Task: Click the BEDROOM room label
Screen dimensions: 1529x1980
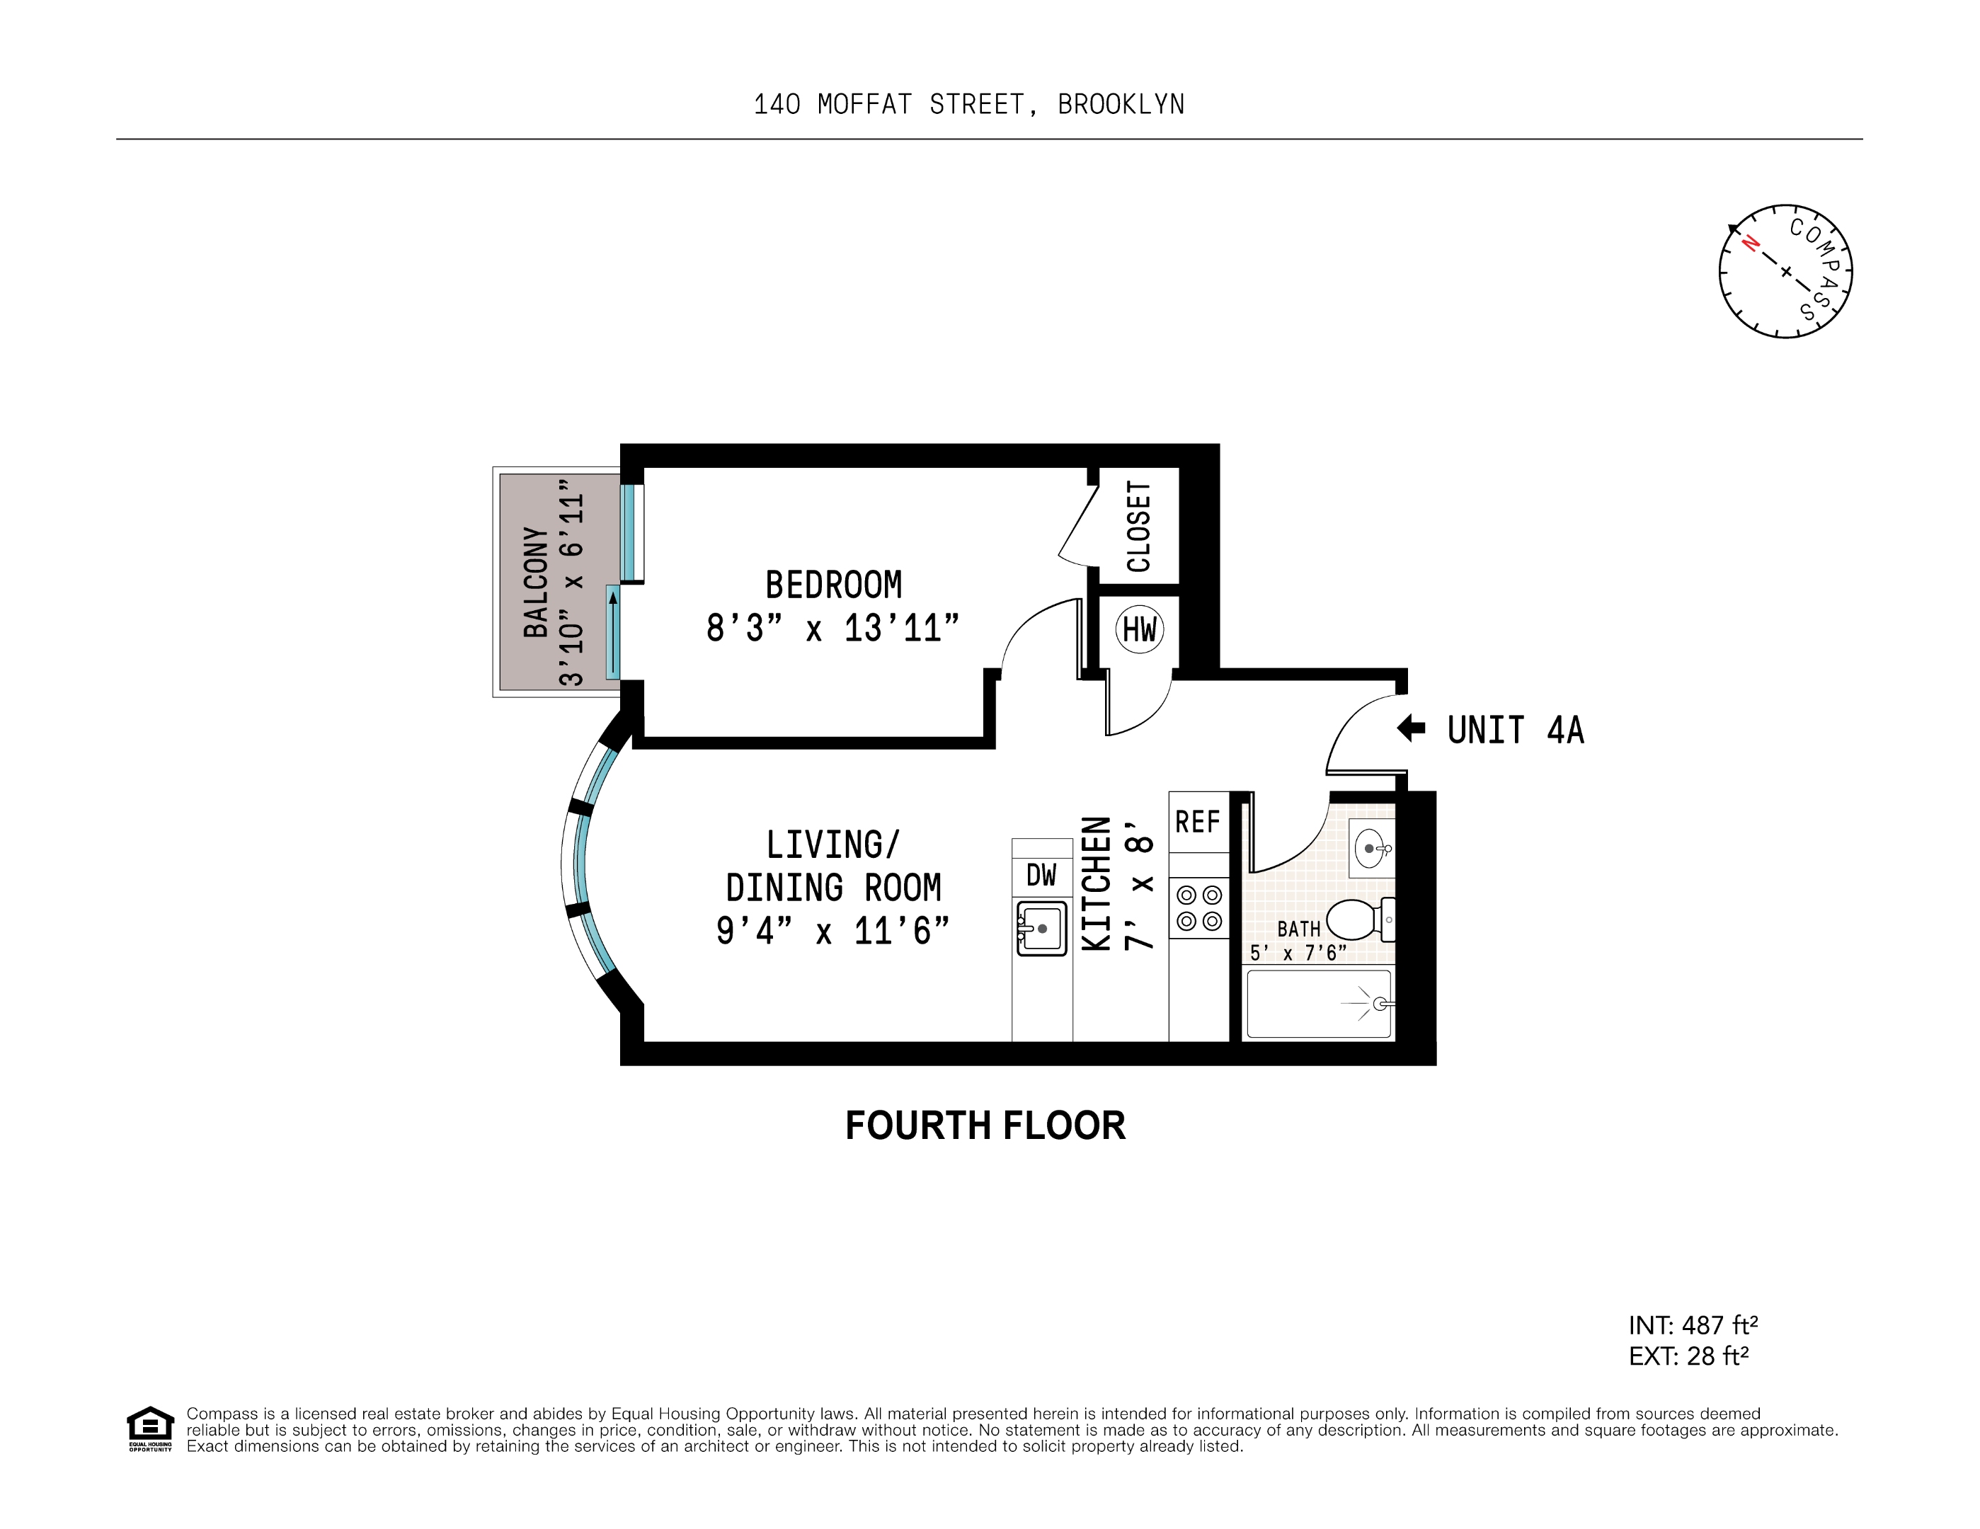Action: pos(833,585)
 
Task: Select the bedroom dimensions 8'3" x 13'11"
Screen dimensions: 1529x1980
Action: pos(832,628)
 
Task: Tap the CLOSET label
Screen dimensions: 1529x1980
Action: pos(1139,527)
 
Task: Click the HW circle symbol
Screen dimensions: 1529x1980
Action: pos(1140,629)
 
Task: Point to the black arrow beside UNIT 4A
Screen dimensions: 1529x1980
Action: pos(1411,728)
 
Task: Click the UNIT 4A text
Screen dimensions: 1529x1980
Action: pos(1515,731)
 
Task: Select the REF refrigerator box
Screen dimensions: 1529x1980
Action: pos(1198,822)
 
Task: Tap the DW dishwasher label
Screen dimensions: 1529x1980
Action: pos(1041,875)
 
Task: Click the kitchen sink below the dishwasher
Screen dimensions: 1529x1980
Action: pos(1041,928)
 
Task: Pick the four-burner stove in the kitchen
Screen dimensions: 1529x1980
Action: pos(1198,908)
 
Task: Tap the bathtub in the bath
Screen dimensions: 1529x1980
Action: pos(1318,1003)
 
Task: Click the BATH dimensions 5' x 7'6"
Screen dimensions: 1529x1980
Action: pos(1298,954)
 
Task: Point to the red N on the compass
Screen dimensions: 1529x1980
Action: pos(1750,243)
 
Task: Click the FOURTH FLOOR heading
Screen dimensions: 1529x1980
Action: pos(985,1126)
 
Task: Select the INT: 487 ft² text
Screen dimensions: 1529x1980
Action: pos(1693,1325)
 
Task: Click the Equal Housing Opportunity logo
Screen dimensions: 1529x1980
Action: pos(149,1429)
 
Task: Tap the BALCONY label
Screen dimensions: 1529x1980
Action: pos(537,582)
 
